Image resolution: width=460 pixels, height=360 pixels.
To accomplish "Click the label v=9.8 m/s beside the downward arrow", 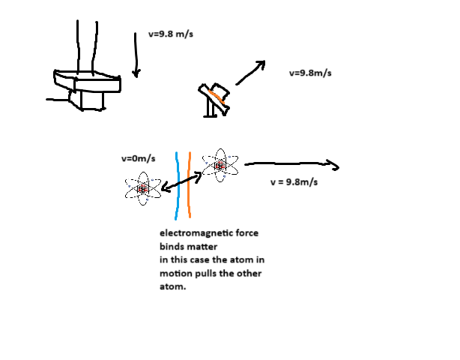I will [x=169, y=34].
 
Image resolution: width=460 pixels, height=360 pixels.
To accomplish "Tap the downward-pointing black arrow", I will [x=136, y=56].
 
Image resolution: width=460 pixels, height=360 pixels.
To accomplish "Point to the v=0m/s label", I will [x=138, y=158].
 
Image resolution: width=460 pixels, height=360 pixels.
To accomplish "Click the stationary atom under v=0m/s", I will [x=143, y=188].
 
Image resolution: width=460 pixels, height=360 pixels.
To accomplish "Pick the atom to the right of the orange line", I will [x=220, y=165].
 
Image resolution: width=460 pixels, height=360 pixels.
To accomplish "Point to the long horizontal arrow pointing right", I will [x=292, y=164].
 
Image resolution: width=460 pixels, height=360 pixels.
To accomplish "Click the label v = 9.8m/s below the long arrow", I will [x=294, y=182].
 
